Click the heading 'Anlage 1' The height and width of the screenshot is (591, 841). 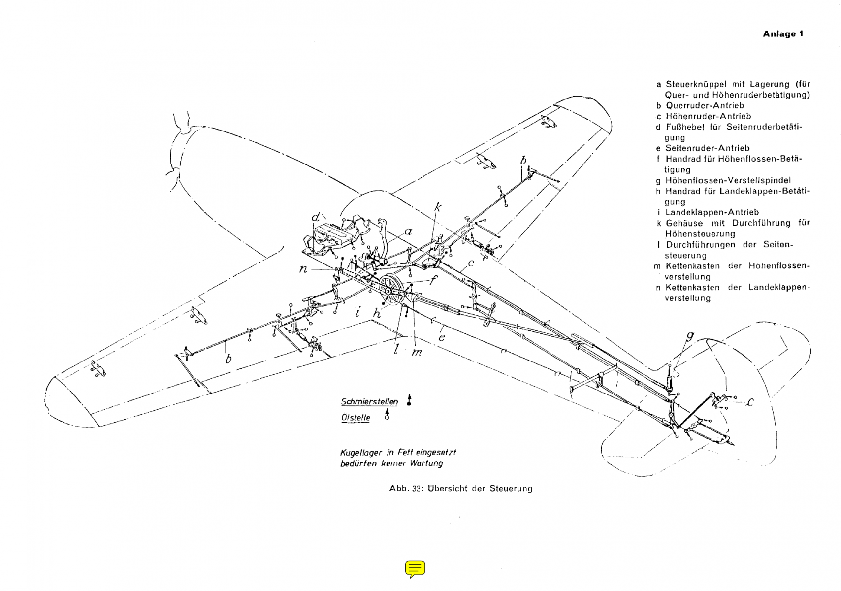tap(783, 34)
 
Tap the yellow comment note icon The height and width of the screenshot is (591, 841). tap(415, 569)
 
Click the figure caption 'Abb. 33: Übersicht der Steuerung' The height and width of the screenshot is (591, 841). tap(460, 489)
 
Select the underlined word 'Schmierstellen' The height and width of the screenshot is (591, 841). tap(369, 402)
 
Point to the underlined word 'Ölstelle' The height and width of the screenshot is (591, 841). tap(356, 418)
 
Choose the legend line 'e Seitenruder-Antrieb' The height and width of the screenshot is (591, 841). tap(703, 148)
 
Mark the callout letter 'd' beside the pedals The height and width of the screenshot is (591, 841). tap(316, 217)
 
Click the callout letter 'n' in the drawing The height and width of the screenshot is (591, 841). tap(303, 269)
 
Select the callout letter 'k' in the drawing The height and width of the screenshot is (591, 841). tap(437, 208)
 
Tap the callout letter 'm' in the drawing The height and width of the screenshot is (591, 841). tap(417, 353)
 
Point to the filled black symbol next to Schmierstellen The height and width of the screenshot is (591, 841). tap(409, 400)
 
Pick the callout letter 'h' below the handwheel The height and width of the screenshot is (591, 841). tap(378, 313)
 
